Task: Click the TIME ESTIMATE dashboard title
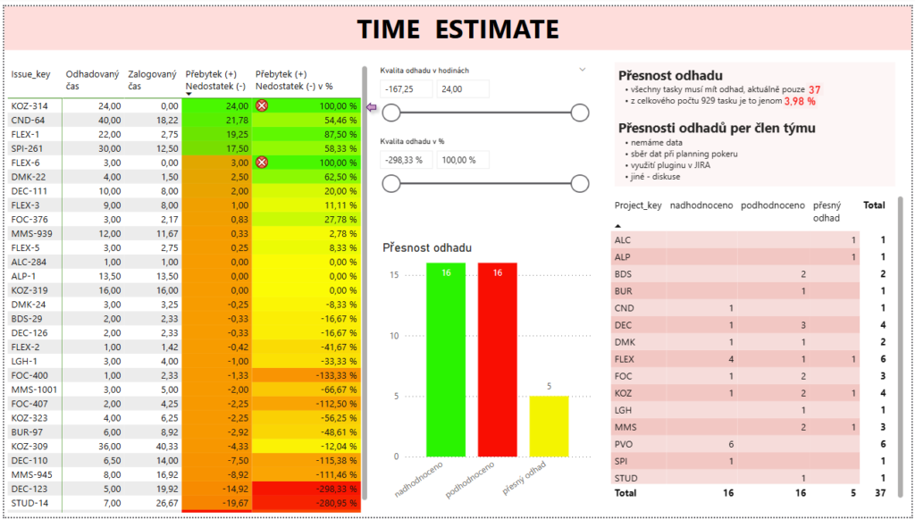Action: coord(457,29)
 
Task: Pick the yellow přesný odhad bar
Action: coord(549,426)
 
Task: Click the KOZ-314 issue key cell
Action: coord(31,105)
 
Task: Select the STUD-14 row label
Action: coord(31,503)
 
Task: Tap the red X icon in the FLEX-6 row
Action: coord(262,162)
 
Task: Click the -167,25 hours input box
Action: coord(406,88)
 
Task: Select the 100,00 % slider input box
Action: coord(463,159)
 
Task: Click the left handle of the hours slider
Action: coord(390,112)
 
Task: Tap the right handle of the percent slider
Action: coord(579,183)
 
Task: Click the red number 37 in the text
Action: coord(814,89)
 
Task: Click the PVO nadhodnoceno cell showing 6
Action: coord(731,444)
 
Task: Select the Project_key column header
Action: coord(637,205)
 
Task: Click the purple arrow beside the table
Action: coord(373,109)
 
